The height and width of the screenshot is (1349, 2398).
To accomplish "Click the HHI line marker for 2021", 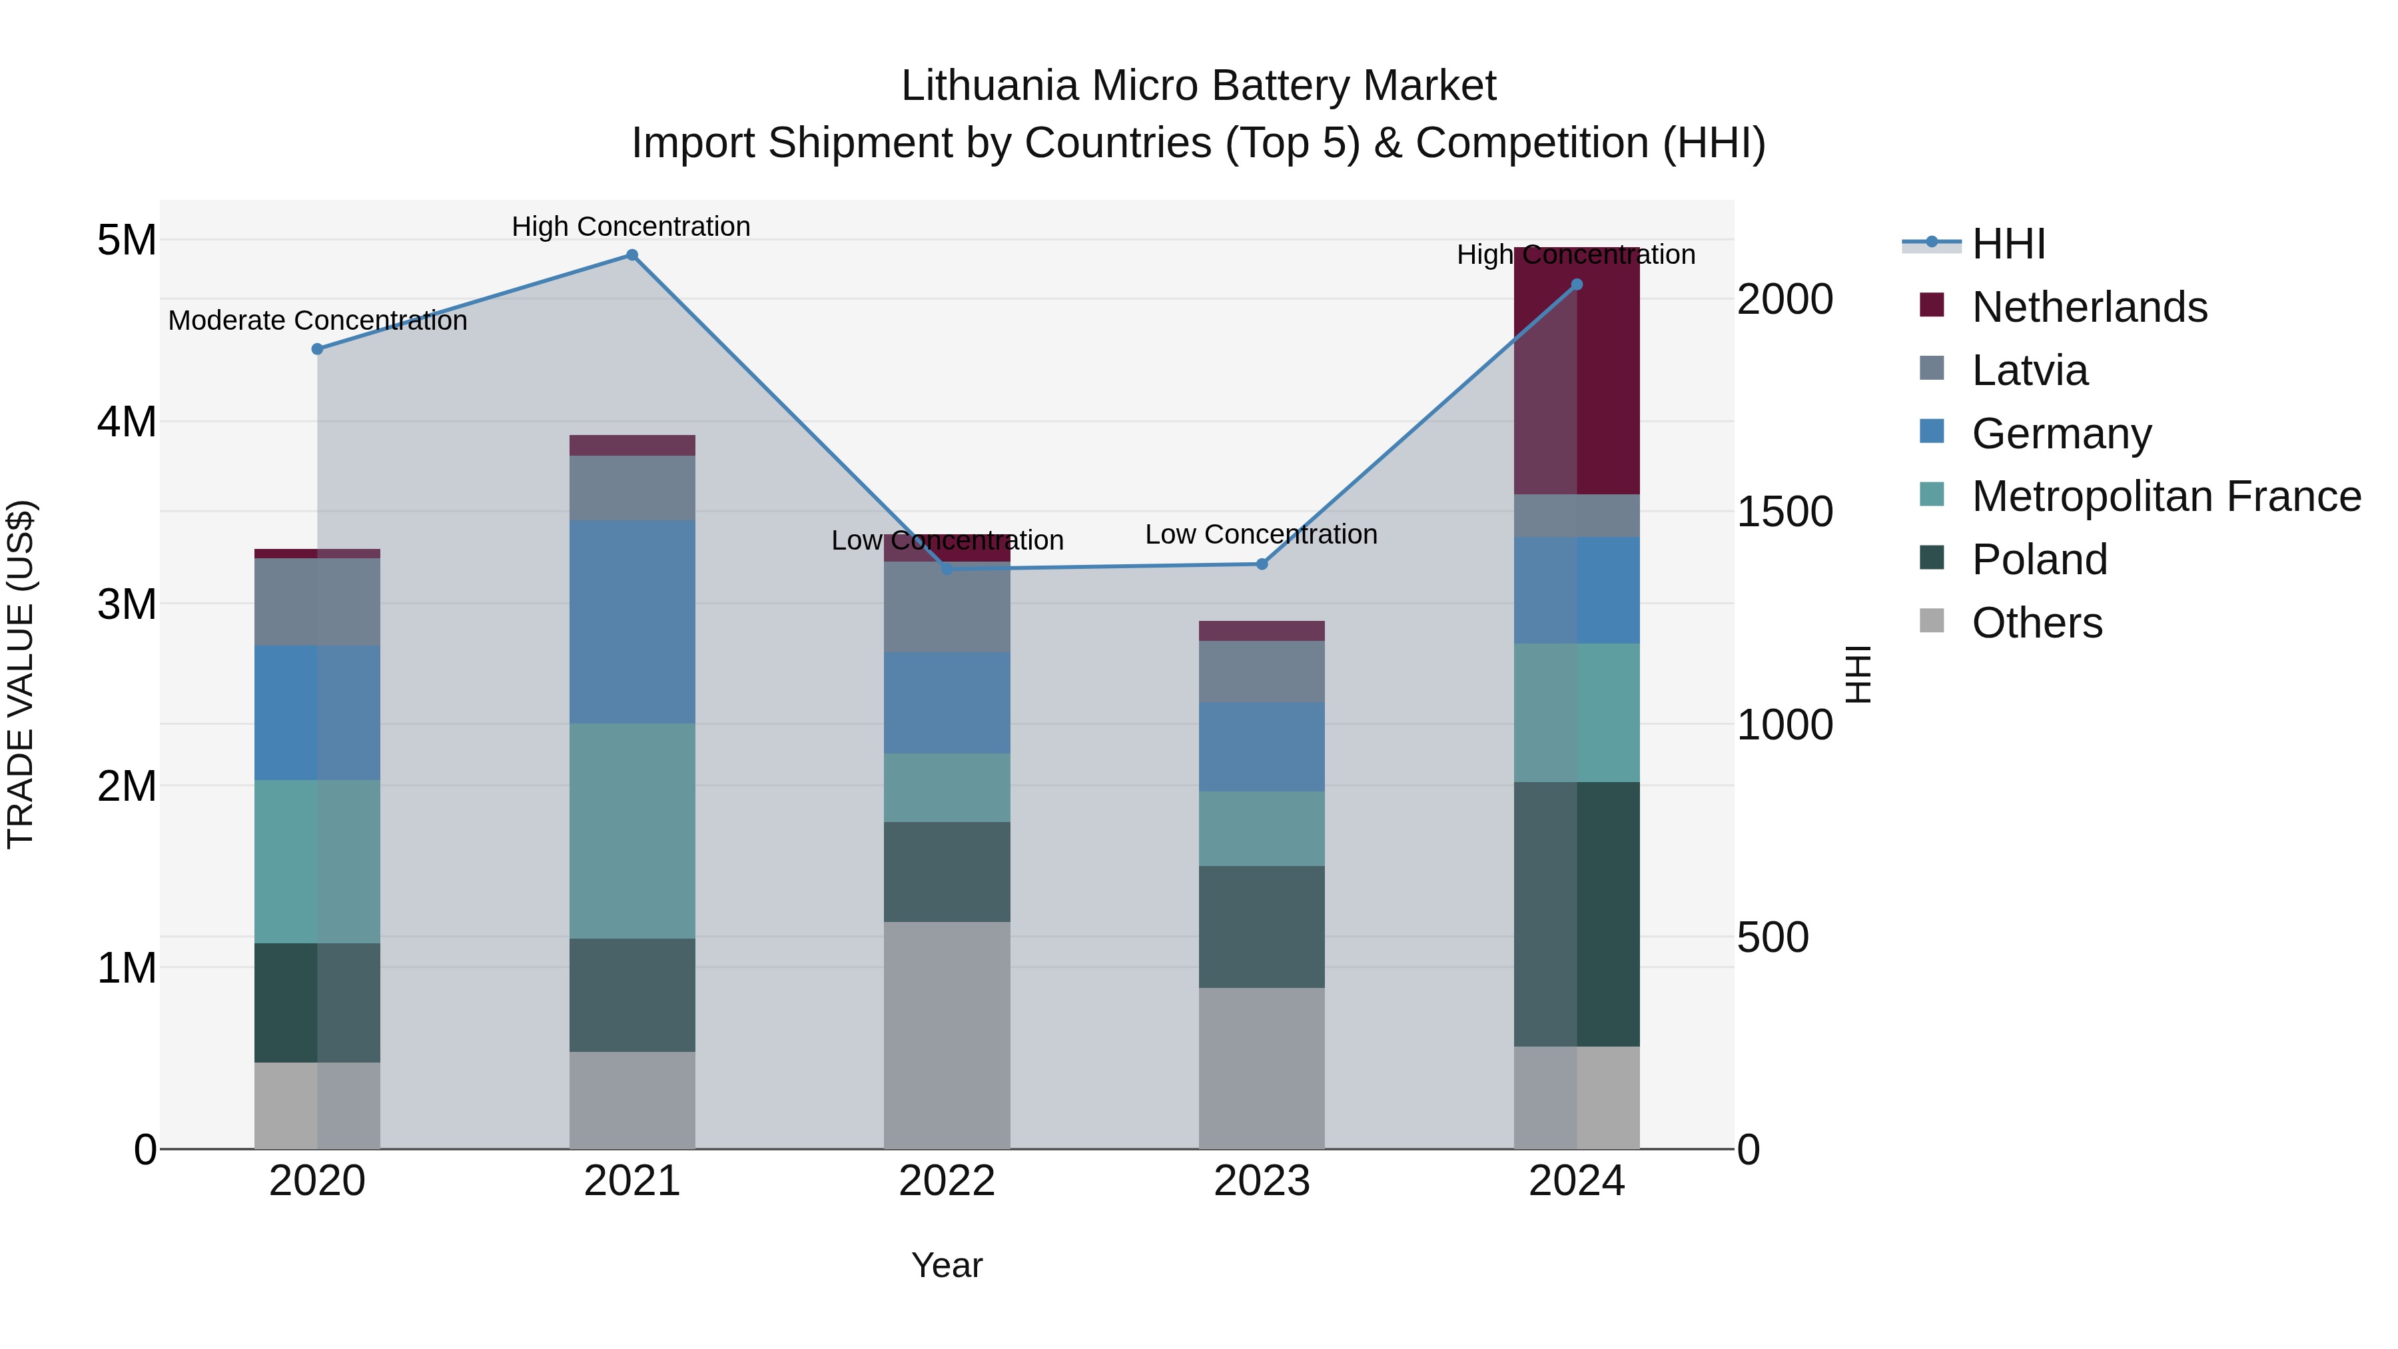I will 632,255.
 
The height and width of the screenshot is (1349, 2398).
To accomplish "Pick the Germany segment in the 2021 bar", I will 632,622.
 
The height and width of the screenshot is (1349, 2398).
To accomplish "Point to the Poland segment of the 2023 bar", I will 1262,927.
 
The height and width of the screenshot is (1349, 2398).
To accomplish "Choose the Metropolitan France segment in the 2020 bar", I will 318,862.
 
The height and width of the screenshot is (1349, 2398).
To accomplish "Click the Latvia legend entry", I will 2030,370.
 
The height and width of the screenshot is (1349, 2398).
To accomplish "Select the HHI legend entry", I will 2008,244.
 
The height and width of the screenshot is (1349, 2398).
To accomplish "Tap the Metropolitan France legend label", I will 2166,496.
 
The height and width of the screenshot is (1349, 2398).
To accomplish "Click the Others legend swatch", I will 1932,621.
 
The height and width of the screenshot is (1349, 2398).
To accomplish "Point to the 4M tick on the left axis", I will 127,422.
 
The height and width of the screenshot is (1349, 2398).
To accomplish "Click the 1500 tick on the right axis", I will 1785,512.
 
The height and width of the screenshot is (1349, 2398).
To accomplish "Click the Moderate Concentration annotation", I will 318,320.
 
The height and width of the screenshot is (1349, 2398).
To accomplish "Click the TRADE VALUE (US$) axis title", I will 21,674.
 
